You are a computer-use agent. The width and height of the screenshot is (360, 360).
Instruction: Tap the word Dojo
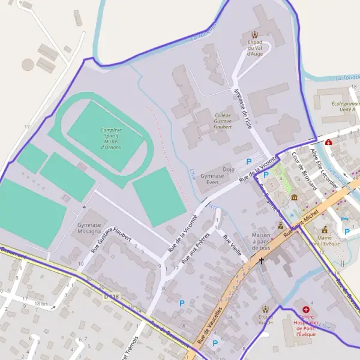click(x=228, y=170)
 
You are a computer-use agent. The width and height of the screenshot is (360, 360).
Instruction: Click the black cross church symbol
click(x=261, y=262)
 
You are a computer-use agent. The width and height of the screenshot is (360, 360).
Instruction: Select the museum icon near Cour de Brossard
click(x=294, y=197)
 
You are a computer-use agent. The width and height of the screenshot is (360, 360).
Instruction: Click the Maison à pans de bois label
click(x=262, y=241)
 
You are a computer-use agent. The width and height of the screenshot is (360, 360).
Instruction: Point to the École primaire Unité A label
click(x=343, y=106)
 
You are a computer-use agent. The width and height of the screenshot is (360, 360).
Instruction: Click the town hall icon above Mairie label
click(x=325, y=229)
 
